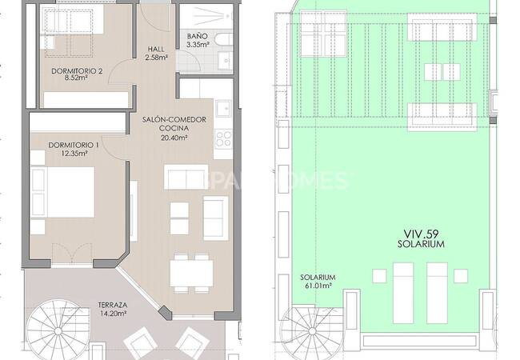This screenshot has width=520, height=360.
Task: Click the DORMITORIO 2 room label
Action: click(77, 71)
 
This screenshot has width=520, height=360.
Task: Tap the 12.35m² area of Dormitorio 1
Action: click(74, 153)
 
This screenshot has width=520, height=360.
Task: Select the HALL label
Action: click(156, 49)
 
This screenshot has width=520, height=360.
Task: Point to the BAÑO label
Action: click(197, 36)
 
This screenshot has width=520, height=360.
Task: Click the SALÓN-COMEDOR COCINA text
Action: click(174, 124)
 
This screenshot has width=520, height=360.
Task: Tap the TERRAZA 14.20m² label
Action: click(113, 309)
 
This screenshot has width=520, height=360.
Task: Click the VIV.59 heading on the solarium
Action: click(421, 234)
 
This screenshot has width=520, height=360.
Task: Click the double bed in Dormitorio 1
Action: click(62, 192)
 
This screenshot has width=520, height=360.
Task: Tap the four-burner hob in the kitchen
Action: click(223, 139)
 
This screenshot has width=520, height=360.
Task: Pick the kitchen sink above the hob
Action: click(223, 108)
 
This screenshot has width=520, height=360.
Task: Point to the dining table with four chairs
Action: click(191, 273)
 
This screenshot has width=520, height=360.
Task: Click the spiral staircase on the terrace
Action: click(58, 331)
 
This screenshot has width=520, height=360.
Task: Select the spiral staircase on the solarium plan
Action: click(312, 330)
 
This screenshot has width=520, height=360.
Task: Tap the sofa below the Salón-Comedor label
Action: click(186, 177)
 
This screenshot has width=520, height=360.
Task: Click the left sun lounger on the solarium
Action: click(403, 293)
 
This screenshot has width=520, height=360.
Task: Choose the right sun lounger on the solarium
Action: click(437, 293)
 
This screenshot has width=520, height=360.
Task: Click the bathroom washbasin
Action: click(226, 60)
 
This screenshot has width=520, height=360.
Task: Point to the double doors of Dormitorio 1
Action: click(72, 254)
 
